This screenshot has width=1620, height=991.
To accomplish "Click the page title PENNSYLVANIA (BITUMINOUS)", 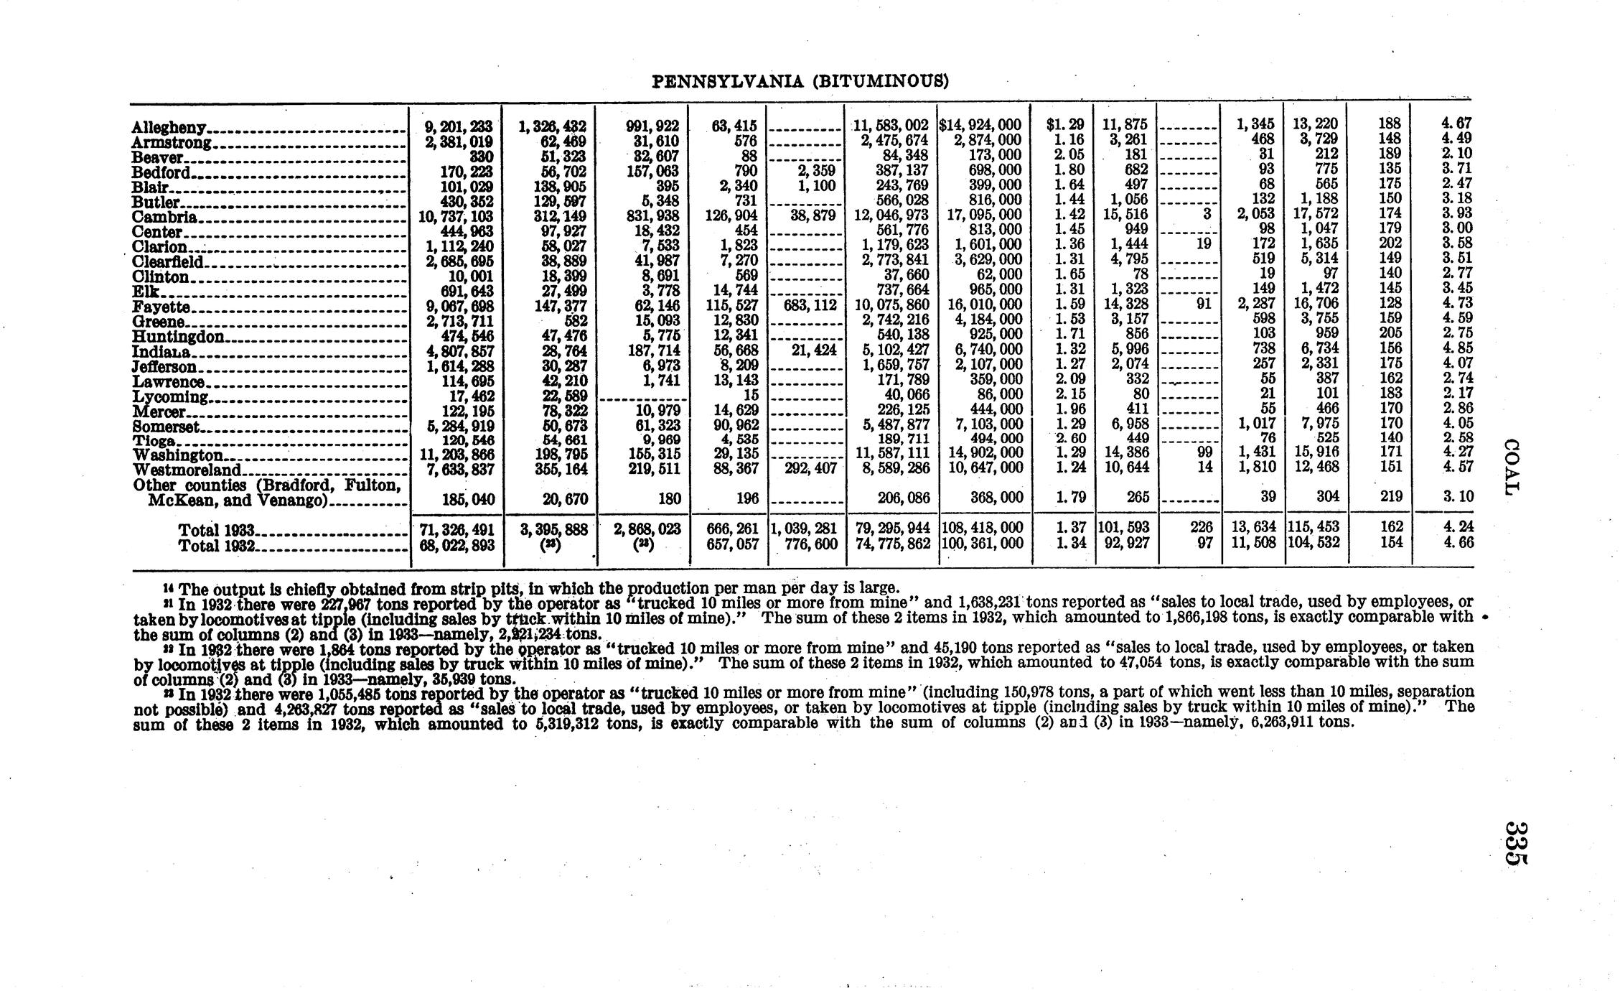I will coord(800,81).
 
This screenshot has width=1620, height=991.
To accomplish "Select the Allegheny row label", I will coord(170,128).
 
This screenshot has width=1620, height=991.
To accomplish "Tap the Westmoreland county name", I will coord(187,470).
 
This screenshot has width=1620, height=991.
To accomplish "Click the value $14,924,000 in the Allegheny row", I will coord(980,125).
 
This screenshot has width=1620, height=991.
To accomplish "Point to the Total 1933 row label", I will coord(217,531).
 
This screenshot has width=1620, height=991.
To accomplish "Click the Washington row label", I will coord(178,455).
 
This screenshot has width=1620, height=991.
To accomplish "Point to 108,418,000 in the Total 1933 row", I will coord(982,529).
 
